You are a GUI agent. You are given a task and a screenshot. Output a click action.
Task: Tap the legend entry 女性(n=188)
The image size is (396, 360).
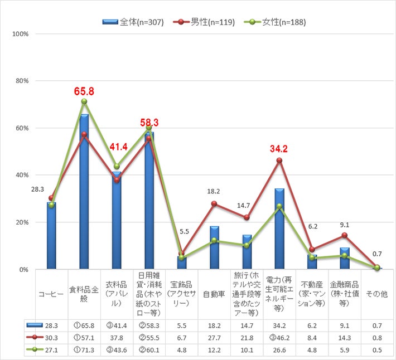tap(274, 22)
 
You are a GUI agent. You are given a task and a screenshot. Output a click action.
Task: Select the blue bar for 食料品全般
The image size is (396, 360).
tap(84, 192)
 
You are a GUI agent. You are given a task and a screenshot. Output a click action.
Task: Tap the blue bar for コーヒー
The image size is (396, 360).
tap(51, 236)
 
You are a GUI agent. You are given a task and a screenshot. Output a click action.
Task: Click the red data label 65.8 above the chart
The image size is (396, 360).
tap(84, 91)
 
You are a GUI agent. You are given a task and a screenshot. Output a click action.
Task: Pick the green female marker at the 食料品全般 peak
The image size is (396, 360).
tap(84, 101)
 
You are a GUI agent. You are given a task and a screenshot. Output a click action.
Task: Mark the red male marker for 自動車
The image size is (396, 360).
tap(215, 204)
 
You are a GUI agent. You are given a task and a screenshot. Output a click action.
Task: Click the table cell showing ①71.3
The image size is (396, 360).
tap(84, 351)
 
